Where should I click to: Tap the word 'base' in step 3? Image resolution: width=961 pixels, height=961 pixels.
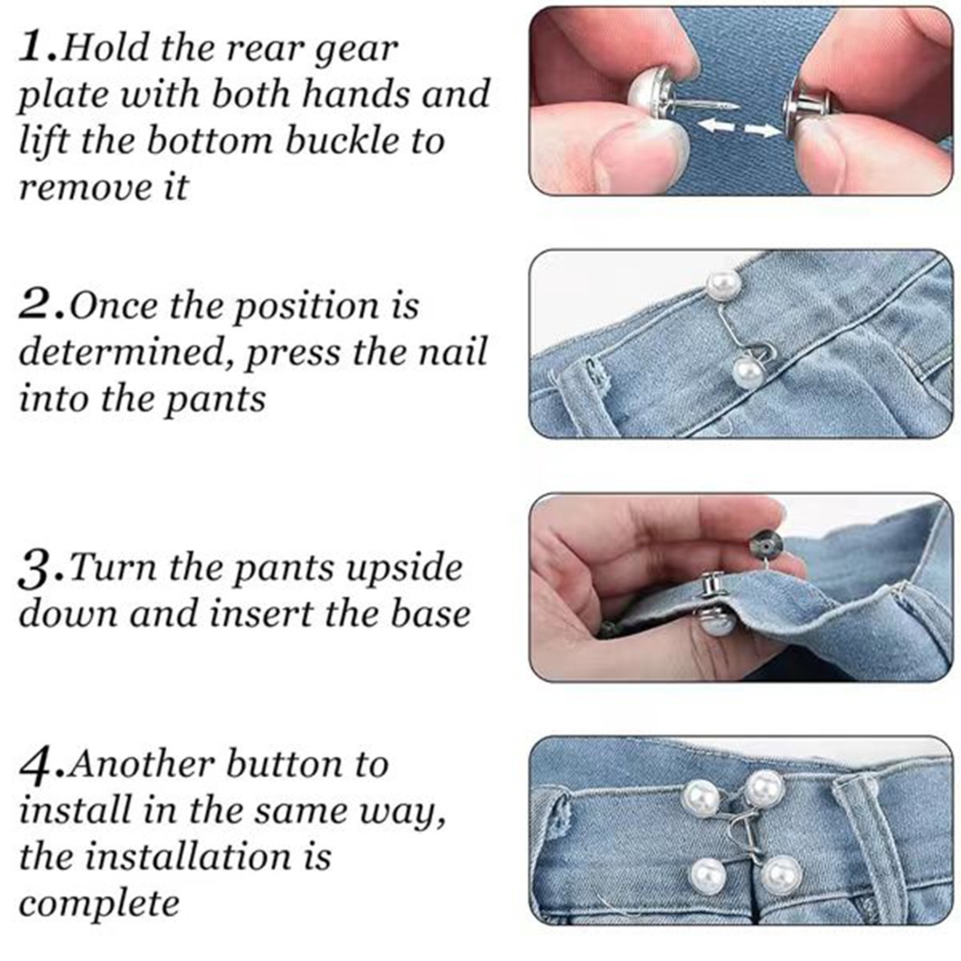pos(430,615)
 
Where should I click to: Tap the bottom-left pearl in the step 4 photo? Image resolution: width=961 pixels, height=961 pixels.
pos(707,877)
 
